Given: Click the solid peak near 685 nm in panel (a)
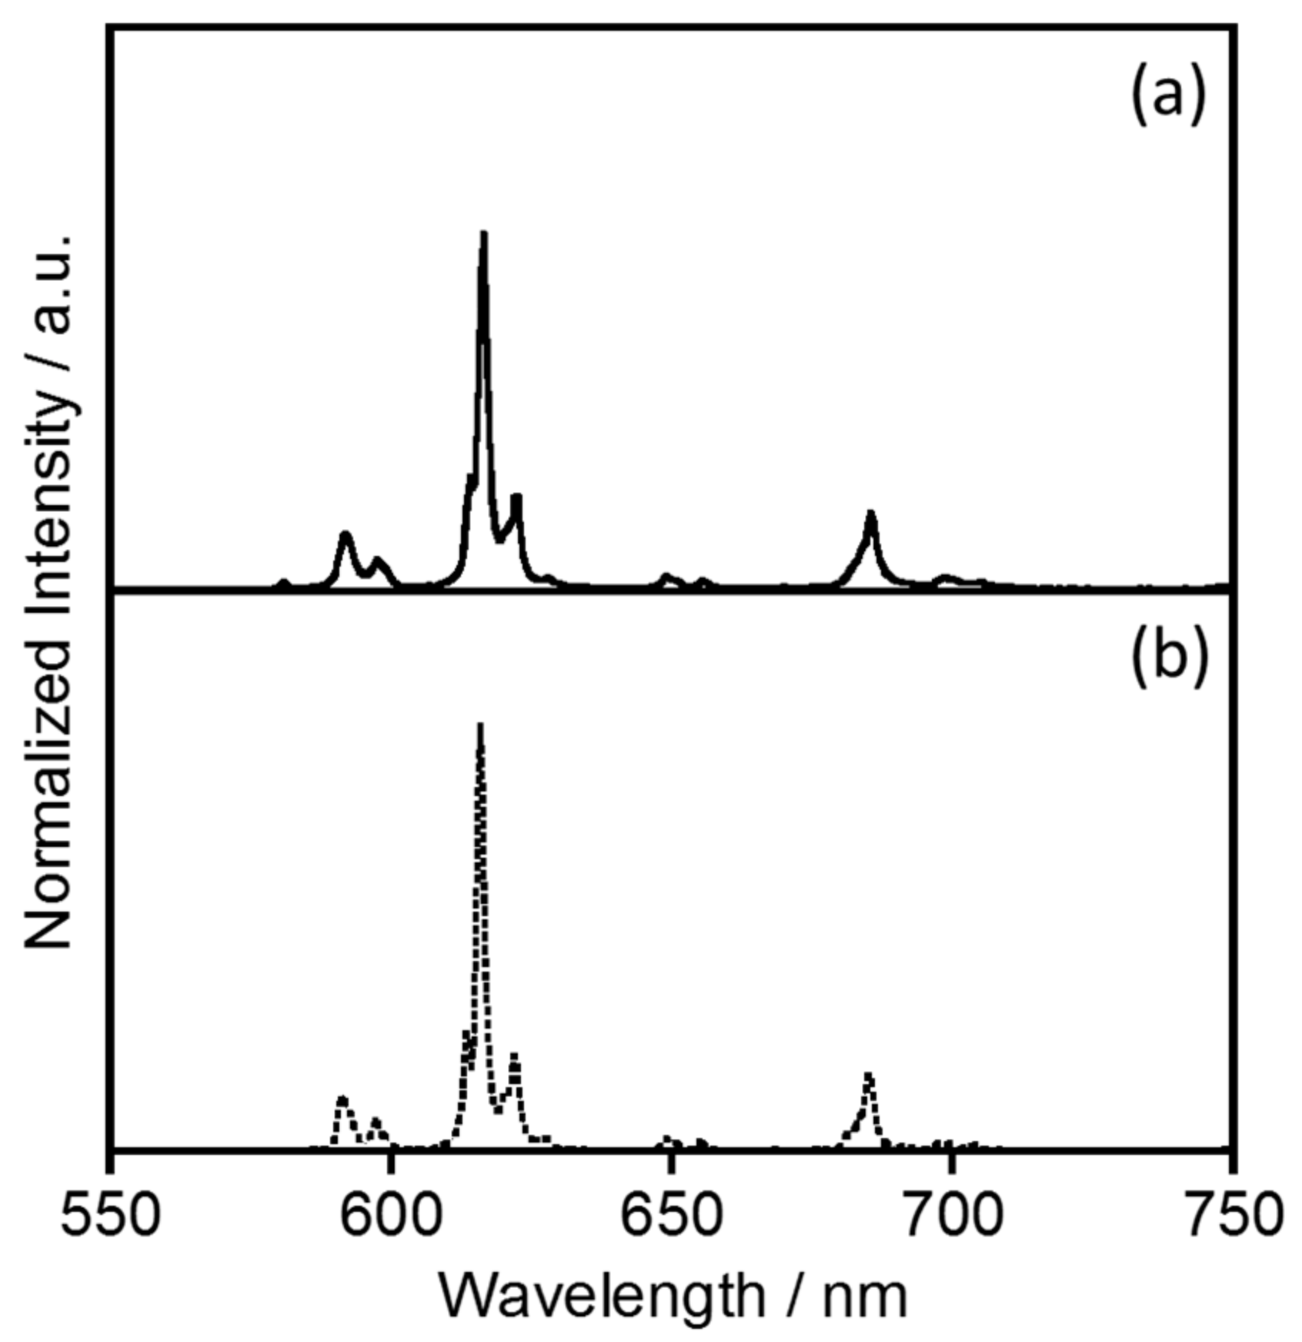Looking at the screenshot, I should click(870, 513).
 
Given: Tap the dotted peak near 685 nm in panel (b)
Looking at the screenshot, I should click(868, 1073).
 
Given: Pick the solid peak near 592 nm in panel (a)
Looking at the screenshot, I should click(346, 534).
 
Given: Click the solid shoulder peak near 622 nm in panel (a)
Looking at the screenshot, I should click(516, 497).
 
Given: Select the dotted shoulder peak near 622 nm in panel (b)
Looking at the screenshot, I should click(514, 1055).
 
